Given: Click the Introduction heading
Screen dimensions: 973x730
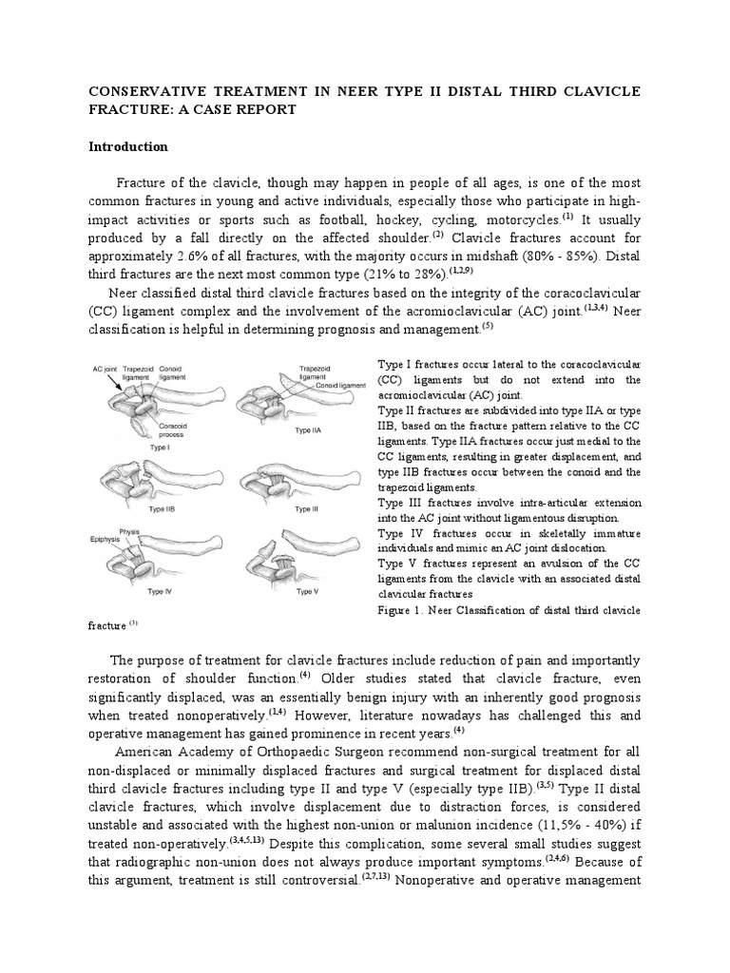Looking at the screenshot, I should click(x=128, y=146).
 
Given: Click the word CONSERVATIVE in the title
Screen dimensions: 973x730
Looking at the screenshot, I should click(x=150, y=90).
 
